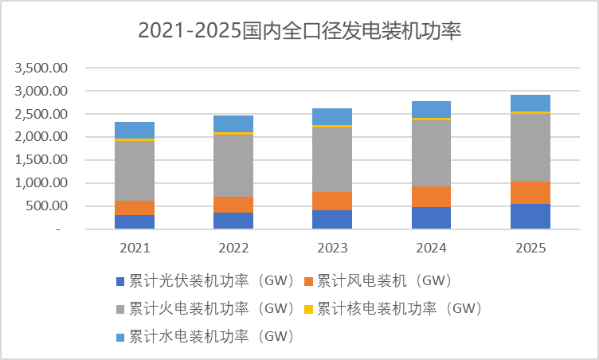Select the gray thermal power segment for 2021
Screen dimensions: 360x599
coord(135,170)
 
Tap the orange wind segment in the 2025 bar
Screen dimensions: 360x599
coord(530,193)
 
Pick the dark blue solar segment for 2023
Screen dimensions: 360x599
coord(332,219)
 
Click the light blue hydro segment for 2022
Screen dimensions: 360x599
coord(233,123)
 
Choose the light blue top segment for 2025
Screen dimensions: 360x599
coord(530,103)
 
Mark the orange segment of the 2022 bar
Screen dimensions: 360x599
coord(233,205)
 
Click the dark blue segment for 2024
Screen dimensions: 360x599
coord(432,217)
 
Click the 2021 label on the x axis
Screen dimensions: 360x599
coord(135,248)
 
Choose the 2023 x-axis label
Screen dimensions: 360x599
coord(332,248)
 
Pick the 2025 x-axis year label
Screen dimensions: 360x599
coord(530,248)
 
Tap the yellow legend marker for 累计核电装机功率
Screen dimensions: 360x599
coord(309,307)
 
